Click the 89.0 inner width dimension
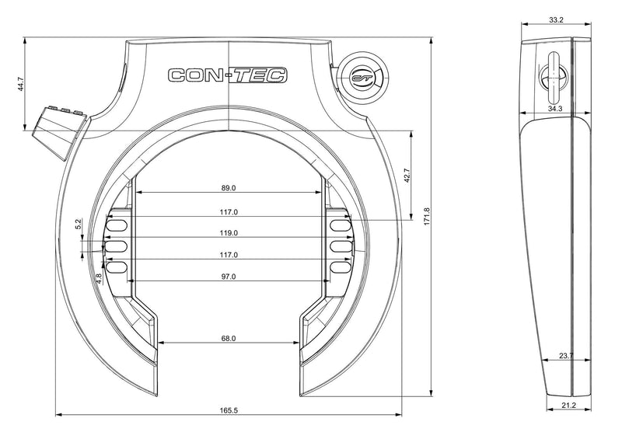(x=229, y=188)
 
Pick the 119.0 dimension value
(x=229, y=232)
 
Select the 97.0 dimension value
(x=229, y=277)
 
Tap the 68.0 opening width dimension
(x=229, y=338)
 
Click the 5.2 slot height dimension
(x=79, y=224)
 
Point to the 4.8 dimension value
(x=99, y=277)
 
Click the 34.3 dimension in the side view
(x=555, y=110)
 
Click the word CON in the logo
(x=194, y=75)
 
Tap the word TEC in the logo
(x=260, y=75)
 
